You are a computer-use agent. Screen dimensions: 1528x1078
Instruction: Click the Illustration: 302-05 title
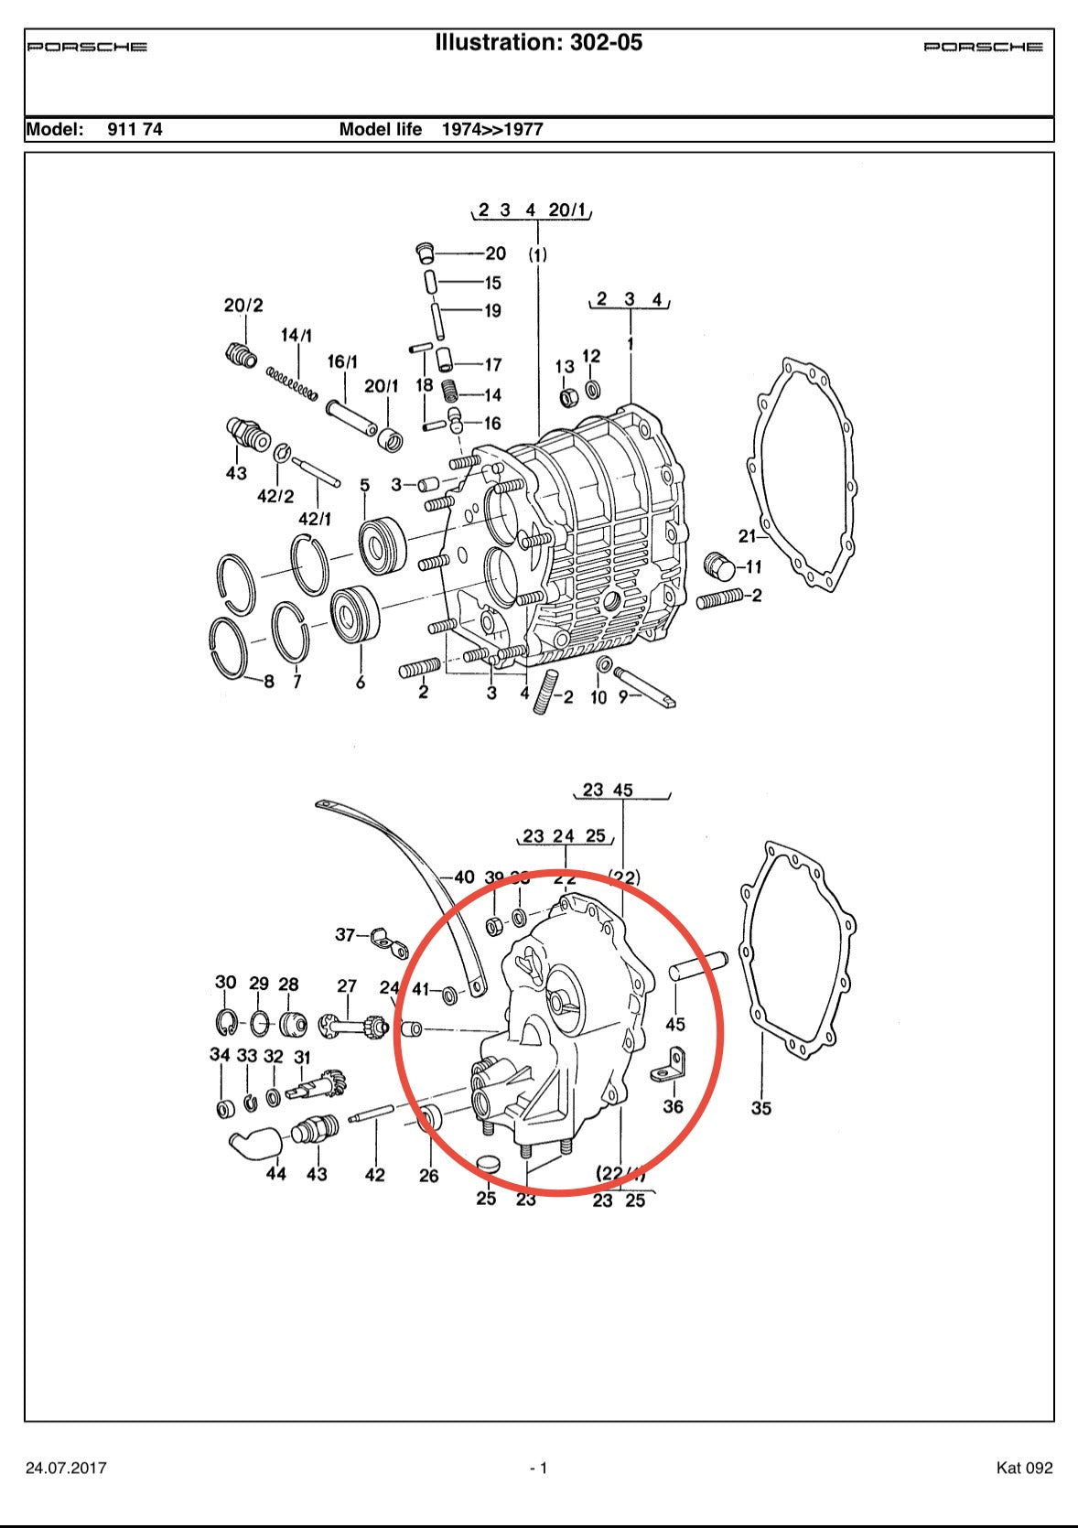pos(538,42)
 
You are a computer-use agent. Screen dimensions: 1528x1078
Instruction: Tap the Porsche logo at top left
pos(87,47)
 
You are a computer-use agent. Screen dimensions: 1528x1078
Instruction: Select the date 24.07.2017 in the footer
pos(66,1468)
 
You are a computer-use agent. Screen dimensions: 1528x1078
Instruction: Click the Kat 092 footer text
pos(1024,1468)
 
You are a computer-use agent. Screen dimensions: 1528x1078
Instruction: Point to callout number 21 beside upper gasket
pos(748,536)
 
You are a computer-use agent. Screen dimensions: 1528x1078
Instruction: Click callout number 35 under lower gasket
pos(761,1108)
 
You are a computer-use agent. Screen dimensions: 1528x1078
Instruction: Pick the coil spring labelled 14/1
pos(292,383)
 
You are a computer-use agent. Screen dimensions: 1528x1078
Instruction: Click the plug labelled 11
pos(721,567)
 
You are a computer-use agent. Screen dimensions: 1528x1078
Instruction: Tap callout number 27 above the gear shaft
pos(347,986)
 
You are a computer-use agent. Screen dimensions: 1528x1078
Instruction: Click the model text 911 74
pos(135,129)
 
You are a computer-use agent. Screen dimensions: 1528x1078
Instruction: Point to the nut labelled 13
pos(567,398)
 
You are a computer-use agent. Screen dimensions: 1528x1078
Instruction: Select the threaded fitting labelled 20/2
pos(241,354)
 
